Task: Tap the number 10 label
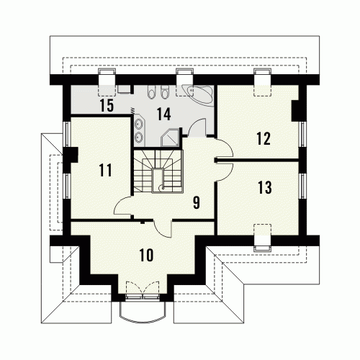(x=146, y=255)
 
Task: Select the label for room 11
(x=105, y=170)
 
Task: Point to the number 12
(x=264, y=138)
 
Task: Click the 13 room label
(x=265, y=187)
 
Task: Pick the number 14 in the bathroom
(x=164, y=114)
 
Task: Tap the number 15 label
(x=107, y=106)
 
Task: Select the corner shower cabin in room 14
(x=169, y=138)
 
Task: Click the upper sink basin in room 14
(x=139, y=124)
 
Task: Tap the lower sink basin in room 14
(x=139, y=138)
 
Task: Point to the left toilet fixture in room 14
(x=151, y=92)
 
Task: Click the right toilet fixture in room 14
(x=164, y=92)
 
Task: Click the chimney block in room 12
(x=295, y=111)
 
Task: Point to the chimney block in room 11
(x=73, y=155)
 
